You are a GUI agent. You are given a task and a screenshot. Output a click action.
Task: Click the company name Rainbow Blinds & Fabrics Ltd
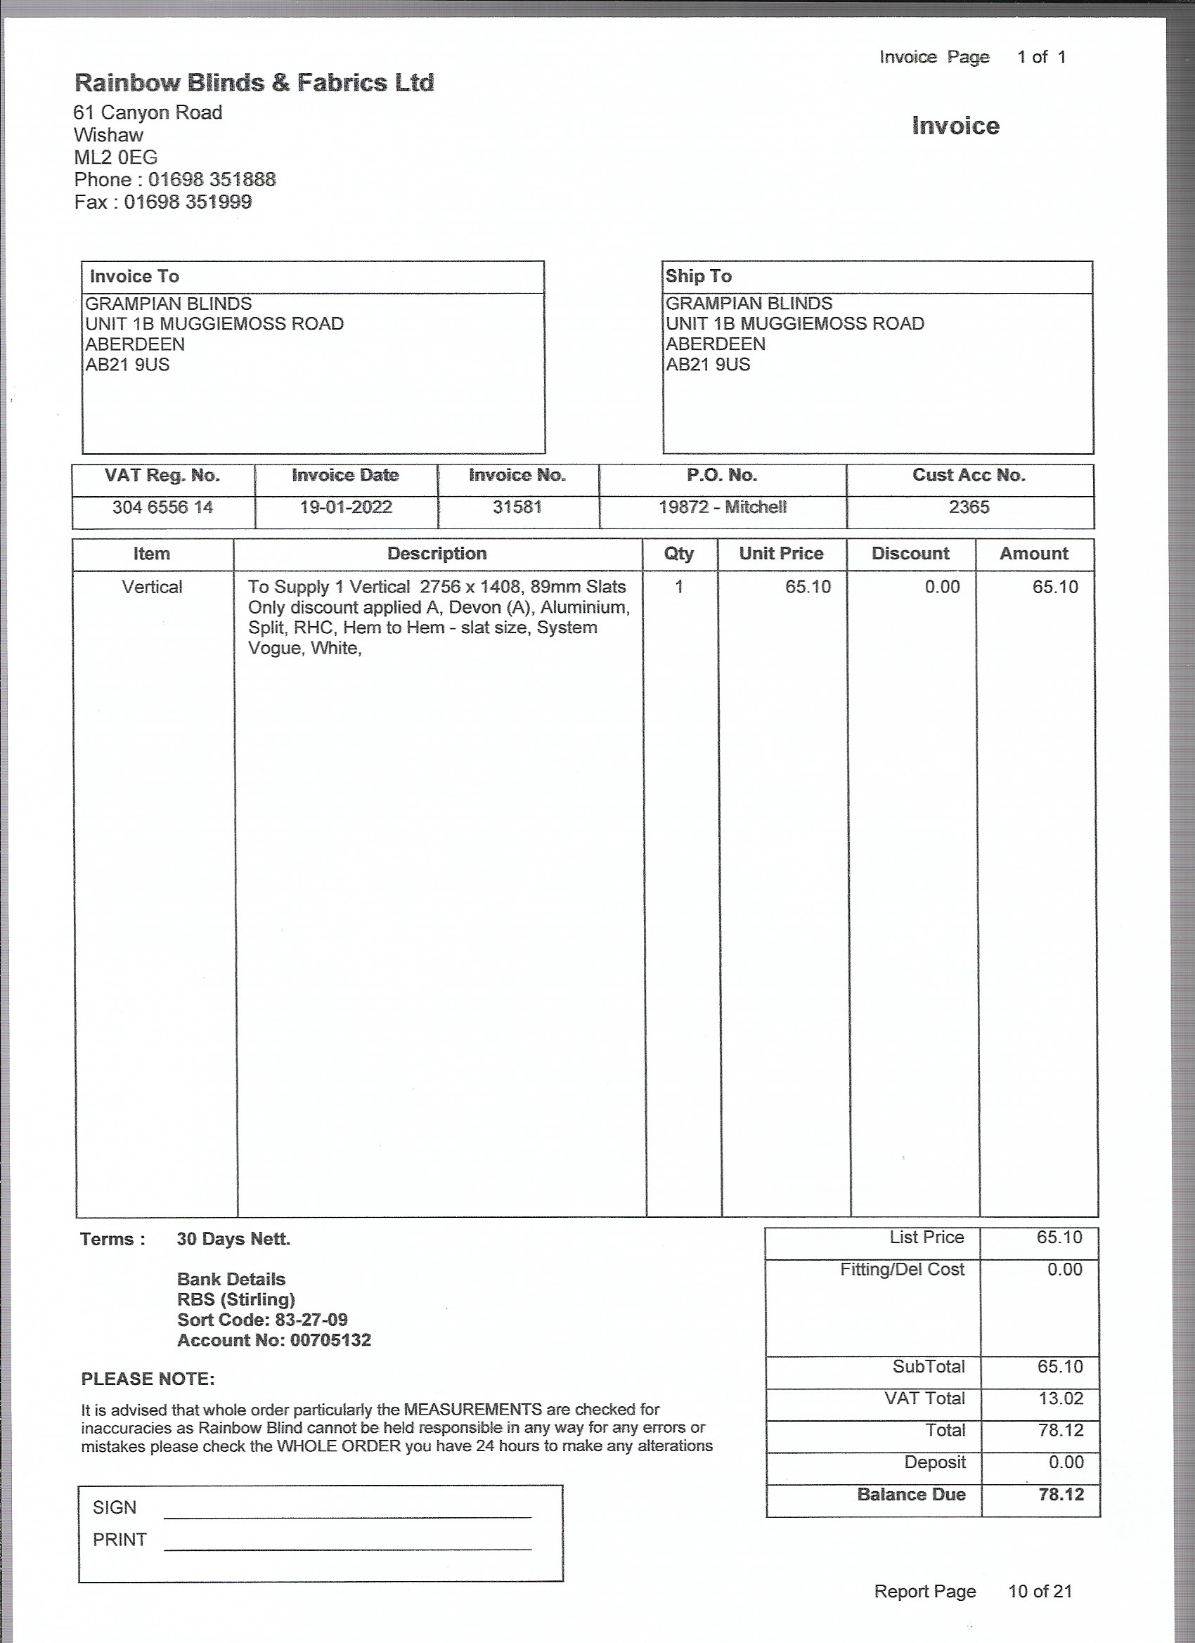point(254,83)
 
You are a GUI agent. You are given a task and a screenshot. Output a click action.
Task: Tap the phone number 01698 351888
point(212,180)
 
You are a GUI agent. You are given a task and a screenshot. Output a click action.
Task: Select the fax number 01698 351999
point(188,202)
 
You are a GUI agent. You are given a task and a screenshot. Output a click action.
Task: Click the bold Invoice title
point(955,126)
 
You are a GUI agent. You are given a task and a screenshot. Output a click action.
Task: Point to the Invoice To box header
point(134,277)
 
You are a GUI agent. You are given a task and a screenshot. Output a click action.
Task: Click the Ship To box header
point(699,276)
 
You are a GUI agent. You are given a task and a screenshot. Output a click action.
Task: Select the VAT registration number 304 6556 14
point(162,507)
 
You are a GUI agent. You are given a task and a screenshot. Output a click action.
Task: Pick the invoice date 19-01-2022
point(346,507)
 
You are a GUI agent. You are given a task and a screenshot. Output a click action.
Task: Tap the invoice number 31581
point(517,507)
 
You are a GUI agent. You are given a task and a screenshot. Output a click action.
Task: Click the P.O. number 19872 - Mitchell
point(722,507)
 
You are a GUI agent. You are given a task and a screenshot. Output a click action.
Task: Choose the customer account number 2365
point(969,507)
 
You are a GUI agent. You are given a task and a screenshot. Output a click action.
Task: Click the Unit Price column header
point(780,554)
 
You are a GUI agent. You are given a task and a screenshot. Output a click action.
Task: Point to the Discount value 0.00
point(941,587)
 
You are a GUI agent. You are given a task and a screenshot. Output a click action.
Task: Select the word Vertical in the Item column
point(151,587)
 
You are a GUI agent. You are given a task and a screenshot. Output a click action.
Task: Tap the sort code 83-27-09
point(311,1320)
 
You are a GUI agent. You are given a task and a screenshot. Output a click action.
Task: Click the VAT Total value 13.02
point(1060,1399)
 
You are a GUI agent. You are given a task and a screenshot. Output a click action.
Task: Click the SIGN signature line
point(347,1516)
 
